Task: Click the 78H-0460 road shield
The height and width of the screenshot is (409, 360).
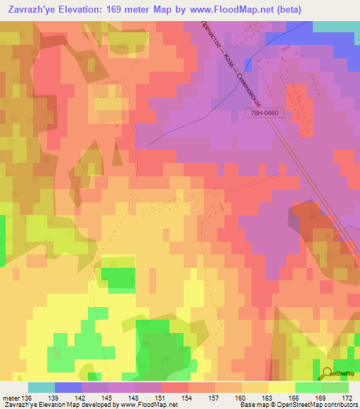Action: click(264, 112)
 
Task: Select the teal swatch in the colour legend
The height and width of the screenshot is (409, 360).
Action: click(41, 387)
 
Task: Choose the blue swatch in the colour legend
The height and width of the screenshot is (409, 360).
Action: click(68, 387)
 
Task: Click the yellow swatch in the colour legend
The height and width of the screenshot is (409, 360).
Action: click(282, 387)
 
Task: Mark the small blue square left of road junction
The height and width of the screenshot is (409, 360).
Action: click(247, 64)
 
